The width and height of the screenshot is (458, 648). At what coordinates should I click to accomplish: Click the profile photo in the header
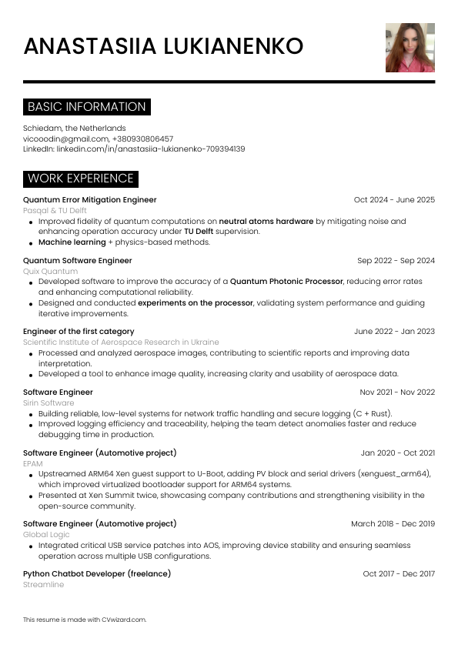point(410,48)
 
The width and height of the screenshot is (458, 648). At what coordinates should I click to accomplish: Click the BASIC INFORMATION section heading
point(86,107)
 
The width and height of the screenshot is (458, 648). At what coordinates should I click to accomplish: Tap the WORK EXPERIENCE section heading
point(81,179)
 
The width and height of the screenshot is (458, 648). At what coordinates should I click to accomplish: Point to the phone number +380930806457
point(142,139)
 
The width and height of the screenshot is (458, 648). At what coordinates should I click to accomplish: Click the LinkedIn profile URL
point(150,149)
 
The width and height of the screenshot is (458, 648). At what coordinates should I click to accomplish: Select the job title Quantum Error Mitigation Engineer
point(90,199)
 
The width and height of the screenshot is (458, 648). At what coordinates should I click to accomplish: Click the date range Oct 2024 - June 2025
point(394,199)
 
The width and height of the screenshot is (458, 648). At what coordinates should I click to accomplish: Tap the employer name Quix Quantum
point(50,271)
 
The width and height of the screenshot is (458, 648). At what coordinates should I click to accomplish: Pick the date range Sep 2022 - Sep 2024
point(396,260)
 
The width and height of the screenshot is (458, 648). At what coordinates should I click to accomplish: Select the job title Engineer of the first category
point(79,331)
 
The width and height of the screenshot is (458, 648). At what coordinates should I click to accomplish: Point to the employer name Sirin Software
point(48,402)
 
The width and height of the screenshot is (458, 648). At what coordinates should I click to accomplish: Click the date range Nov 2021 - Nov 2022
point(397,392)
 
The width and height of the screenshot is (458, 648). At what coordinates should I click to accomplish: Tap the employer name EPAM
point(34,463)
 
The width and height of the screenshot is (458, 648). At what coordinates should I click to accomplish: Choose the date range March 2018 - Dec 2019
point(393,523)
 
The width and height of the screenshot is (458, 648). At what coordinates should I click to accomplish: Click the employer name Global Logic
point(46,534)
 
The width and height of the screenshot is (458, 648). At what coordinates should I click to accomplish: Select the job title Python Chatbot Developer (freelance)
point(97,573)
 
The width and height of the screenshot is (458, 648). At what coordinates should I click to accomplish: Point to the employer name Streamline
point(43,584)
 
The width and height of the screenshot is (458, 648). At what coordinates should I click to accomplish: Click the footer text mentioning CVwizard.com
point(85,619)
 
